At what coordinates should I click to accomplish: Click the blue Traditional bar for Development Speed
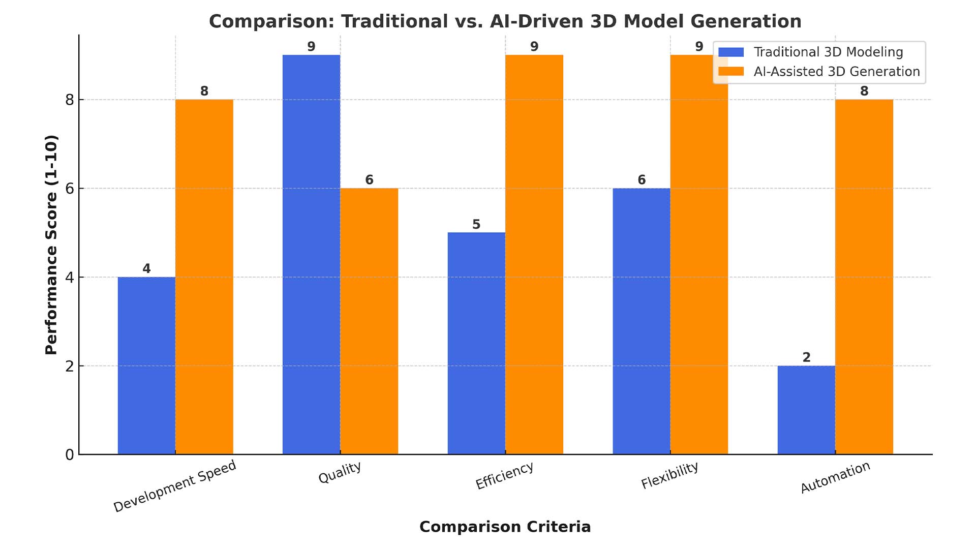146,365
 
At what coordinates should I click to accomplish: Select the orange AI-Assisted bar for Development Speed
204,277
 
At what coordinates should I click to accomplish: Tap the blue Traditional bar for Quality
311,254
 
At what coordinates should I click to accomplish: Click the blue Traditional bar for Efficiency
476,343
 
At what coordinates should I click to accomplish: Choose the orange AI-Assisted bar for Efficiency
534,254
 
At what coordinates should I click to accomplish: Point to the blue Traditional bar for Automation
806,410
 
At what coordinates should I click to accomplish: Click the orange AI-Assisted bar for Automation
864,277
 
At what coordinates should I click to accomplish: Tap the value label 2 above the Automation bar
806,357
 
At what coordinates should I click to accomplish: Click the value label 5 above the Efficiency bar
476,224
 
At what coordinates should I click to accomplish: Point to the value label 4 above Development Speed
146,268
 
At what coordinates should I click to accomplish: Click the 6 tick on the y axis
70,189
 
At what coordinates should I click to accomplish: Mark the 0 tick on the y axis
70,454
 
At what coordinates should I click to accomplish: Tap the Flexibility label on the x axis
669,476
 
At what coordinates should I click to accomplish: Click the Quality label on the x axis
340,473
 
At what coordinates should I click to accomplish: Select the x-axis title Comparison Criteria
505,527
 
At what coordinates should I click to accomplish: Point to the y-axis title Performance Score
51,245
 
